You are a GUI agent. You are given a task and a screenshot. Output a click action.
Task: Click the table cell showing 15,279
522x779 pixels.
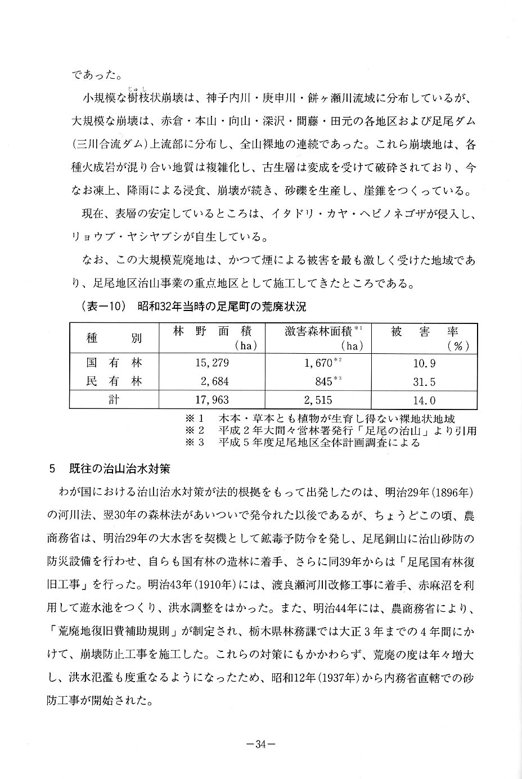pyautogui.click(x=211, y=363)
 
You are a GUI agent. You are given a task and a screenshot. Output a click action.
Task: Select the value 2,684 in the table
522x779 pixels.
pyautogui.click(x=214, y=382)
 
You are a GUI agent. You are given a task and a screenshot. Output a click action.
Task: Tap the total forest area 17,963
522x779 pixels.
pyautogui.click(x=211, y=400)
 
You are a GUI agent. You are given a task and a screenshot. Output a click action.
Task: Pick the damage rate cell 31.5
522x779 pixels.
pyautogui.click(x=424, y=382)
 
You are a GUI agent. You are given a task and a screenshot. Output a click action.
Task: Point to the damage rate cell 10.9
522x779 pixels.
pyautogui.click(x=424, y=364)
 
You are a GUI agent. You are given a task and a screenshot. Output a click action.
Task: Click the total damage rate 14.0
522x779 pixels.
pyautogui.click(x=424, y=400)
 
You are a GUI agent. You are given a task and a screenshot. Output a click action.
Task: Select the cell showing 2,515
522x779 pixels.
pyautogui.click(x=318, y=400)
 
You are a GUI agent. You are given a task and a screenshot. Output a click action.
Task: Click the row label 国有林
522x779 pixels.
pyautogui.click(x=114, y=363)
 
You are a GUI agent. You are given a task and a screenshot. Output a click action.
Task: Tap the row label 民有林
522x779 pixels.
pyautogui.click(x=114, y=382)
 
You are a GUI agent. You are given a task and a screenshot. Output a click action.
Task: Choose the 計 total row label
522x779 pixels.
pyautogui.click(x=114, y=400)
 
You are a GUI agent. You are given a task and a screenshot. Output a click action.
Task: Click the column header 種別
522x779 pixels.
pyautogui.click(x=114, y=338)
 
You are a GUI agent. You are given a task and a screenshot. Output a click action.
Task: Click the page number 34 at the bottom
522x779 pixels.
pyautogui.click(x=260, y=744)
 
